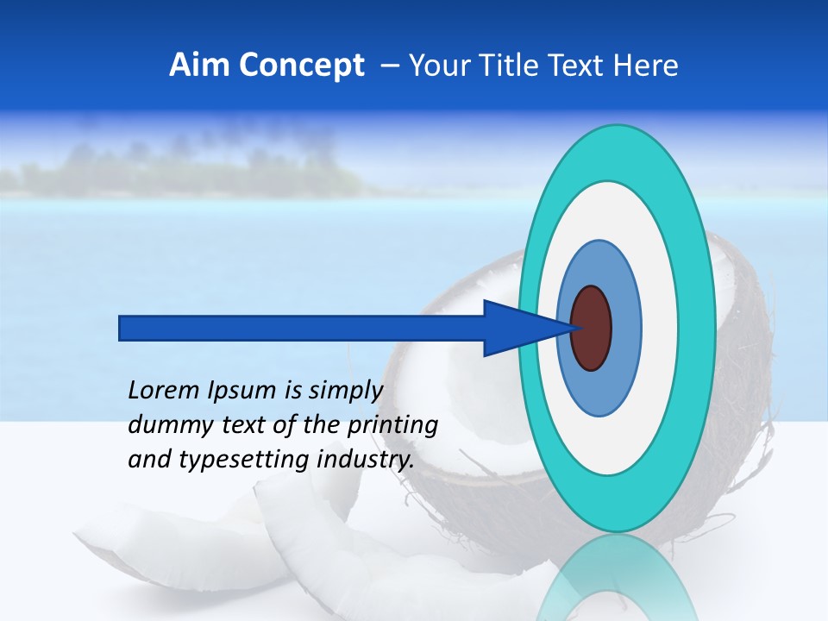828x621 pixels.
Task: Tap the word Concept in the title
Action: pos(301,66)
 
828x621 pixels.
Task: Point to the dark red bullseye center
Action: pos(591,328)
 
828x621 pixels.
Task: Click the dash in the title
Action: pos(389,66)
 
